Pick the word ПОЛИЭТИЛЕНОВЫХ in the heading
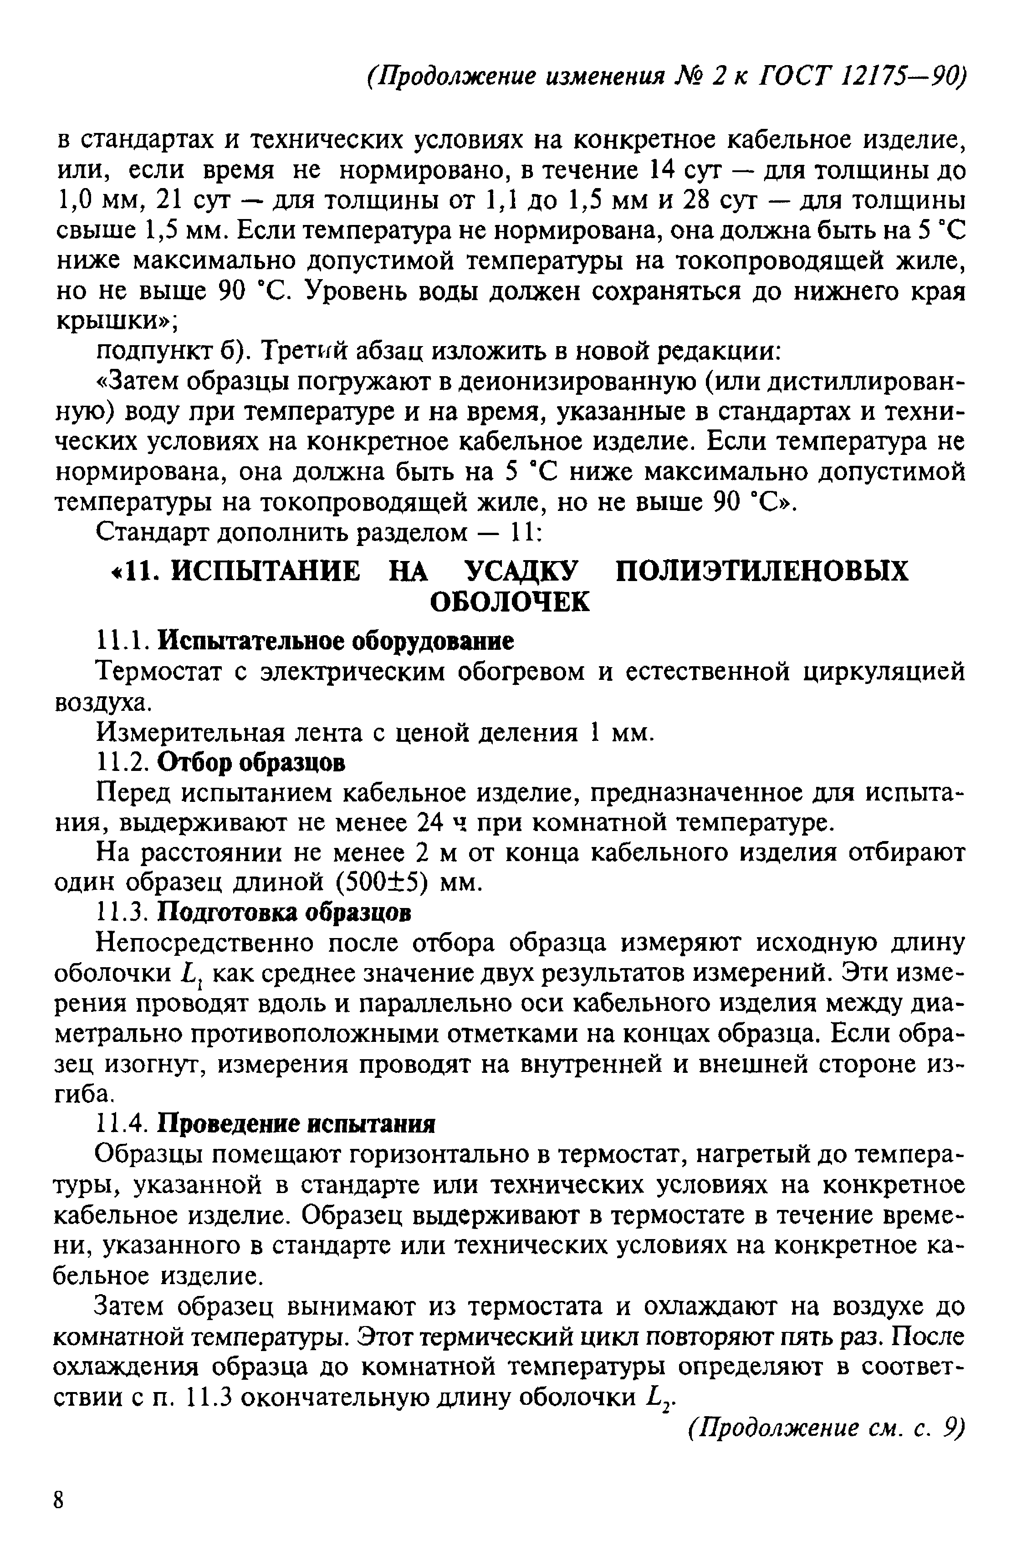click(x=761, y=571)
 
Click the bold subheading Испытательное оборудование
click(x=336, y=641)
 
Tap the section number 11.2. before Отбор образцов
click(x=124, y=763)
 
